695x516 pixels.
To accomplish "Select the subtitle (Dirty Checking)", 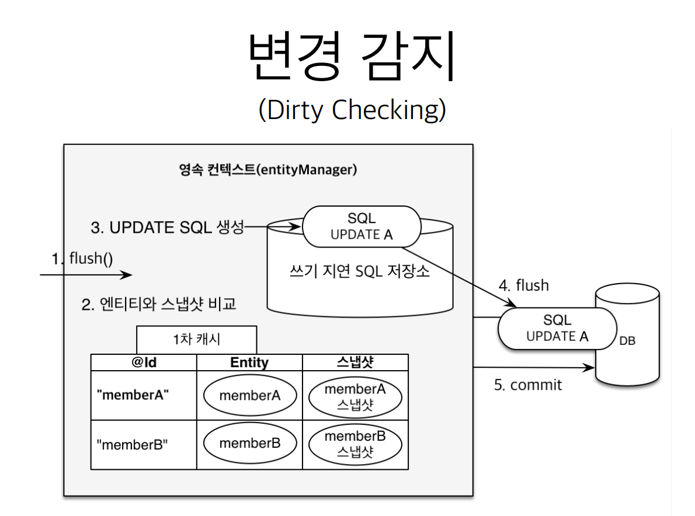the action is click(352, 109).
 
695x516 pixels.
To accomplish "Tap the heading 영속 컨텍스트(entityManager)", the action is click(268, 170).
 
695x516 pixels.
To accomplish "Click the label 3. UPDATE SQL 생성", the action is click(168, 227).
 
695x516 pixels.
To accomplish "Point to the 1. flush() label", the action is click(82, 258).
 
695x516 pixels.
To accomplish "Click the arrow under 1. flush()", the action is click(86, 275).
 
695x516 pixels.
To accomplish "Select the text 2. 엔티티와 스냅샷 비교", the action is click(159, 304).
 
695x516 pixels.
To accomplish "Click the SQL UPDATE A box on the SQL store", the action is click(362, 226).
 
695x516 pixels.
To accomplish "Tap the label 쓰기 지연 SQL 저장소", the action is click(359, 271).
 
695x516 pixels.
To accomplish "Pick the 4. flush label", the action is click(524, 285).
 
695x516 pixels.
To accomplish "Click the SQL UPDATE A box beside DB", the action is click(557, 328).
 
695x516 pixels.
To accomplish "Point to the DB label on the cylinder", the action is click(627, 341).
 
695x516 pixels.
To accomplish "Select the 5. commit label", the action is click(528, 385).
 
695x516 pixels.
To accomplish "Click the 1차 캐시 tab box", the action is click(196, 340).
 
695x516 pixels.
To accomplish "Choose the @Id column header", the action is click(144, 362).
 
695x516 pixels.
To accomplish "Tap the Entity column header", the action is click(249, 362).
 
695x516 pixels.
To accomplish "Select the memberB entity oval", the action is click(250, 443).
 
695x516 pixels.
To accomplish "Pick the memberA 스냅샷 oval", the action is click(355, 397).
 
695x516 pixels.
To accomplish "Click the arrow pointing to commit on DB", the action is click(534, 367).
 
